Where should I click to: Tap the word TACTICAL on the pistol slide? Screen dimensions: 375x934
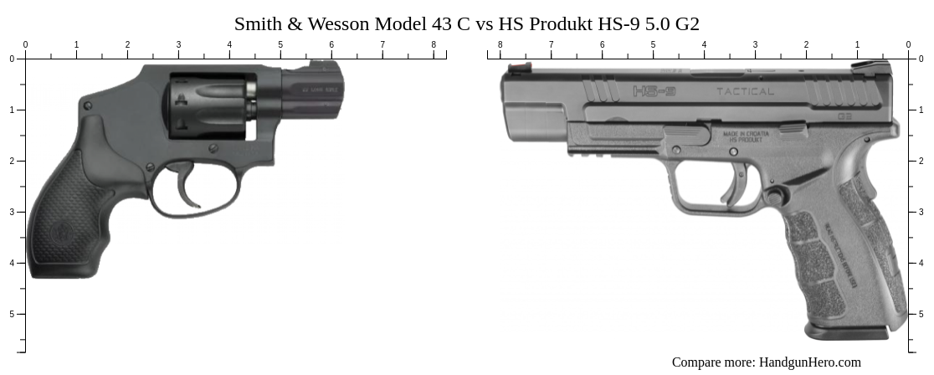coord(745,91)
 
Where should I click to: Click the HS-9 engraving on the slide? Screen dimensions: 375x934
coord(654,90)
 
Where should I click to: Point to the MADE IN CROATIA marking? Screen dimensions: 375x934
coord(745,136)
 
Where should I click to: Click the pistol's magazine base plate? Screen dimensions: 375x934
coord(847,331)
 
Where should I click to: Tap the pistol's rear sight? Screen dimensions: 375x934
coord(870,65)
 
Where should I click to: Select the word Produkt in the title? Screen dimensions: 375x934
coord(559,23)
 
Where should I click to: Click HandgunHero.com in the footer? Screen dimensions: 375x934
coord(809,362)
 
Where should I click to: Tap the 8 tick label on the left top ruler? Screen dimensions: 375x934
coord(434,44)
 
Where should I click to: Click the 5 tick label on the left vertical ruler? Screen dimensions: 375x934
coord(12,314)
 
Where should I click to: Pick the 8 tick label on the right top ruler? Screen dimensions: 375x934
coord(500,44)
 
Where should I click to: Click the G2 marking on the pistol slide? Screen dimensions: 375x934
coord(844,116)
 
